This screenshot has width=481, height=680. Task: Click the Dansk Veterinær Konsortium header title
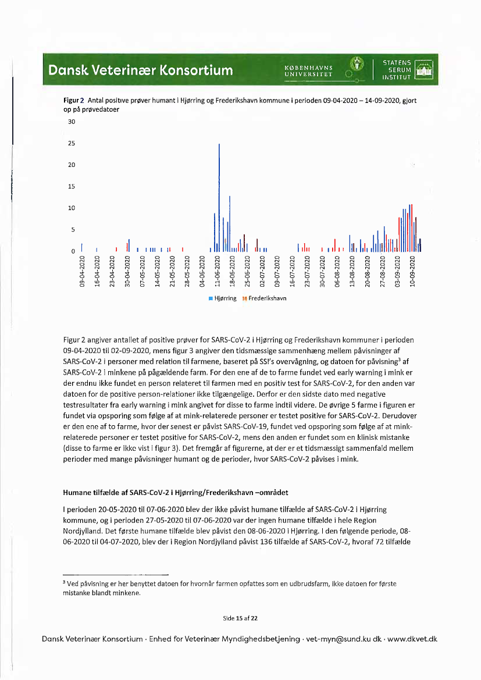coord(140,70)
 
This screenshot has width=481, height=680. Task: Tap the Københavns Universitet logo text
coord(308,70)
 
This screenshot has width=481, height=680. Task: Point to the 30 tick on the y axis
coord(72,122)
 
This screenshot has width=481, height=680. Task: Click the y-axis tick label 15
coord(72,187)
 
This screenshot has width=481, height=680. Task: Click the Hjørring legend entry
coord(222,298)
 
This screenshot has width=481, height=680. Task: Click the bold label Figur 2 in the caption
coord(74,101)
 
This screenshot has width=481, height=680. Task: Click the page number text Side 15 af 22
coord(240,617)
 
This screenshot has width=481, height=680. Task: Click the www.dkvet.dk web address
coord(412,639)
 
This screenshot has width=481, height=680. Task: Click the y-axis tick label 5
coord(73,230)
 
